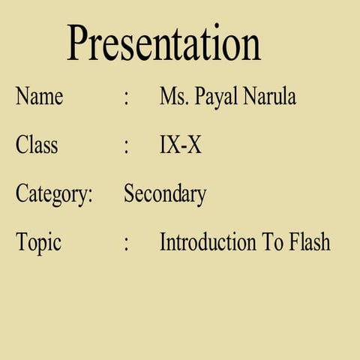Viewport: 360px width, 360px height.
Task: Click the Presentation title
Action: (164, 43)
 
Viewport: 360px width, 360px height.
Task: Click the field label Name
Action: (39, 97)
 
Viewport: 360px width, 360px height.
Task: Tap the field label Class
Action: (37, 145)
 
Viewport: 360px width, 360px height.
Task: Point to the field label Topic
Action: (38, 242)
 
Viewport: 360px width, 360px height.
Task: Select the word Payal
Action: (217, 97)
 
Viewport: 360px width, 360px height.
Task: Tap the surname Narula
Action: (269, 97)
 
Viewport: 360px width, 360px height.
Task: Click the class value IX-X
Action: (181, 145)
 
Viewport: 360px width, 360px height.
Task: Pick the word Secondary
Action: (165, 194)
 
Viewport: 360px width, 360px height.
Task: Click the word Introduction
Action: (208, 242)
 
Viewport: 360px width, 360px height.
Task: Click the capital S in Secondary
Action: (129, 194)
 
